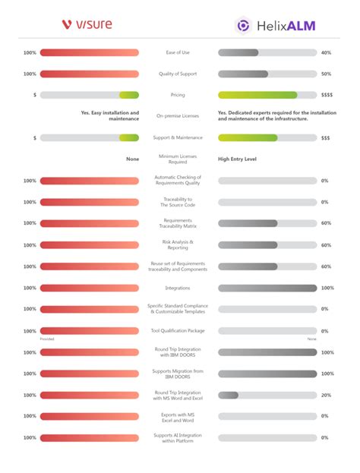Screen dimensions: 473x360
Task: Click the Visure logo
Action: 87,24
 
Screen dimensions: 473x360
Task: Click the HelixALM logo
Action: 276,26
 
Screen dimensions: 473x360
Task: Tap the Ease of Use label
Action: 178,52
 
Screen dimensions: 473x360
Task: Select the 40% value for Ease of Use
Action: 326,53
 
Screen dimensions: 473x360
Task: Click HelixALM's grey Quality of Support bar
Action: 267,74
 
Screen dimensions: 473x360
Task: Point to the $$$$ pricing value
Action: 326,96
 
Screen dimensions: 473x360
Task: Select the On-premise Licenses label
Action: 178,116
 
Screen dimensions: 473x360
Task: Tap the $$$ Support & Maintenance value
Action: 326,138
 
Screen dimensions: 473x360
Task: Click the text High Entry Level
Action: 238,159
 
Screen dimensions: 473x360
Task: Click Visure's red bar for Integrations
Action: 90,288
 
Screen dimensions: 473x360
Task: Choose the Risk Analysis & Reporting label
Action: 178,245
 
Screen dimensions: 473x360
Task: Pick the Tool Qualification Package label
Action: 178,331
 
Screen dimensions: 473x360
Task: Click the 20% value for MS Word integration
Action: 325,395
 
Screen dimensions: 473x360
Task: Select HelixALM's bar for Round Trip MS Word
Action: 267,395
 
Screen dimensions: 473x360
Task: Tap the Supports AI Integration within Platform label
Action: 178,437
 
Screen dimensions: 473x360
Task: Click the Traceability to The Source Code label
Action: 178,202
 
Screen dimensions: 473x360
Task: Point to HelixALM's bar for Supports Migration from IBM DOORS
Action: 267,374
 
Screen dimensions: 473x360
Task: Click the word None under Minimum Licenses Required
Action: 132,159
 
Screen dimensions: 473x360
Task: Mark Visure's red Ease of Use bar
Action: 90,53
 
